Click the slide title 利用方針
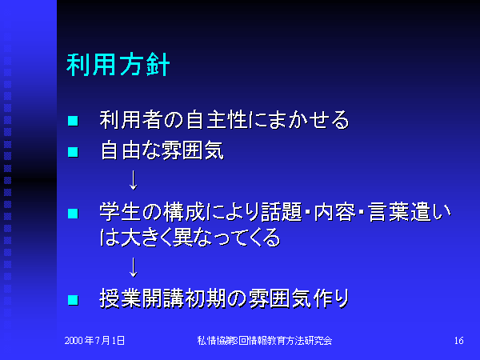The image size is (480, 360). [x=118, y=65]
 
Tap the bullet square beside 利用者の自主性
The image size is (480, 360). [x=73, y=121]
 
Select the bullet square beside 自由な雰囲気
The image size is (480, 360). [x=73, y=152]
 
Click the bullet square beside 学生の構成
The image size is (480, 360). [x=73, y=214]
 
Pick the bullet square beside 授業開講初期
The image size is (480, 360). [x=73, y=300]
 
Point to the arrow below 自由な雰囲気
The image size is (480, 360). [x=133, y=181]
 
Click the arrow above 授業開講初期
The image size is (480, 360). [x=133, y=267]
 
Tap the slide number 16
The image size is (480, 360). [x=459, y=341]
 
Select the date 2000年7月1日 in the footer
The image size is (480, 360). [x=94, y=341]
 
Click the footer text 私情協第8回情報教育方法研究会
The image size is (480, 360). [x=265, y=341]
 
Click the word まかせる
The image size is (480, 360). [x=309, y=120]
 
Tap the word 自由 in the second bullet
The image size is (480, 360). [x=121, y=150]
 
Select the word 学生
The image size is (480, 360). [x=120, y=212]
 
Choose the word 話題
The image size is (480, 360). [x=282, y=212]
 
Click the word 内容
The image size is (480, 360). [x=335, y=212]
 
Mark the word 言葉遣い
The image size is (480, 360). [x=410, y=212]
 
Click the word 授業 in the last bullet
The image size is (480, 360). [x=120, y=298]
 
